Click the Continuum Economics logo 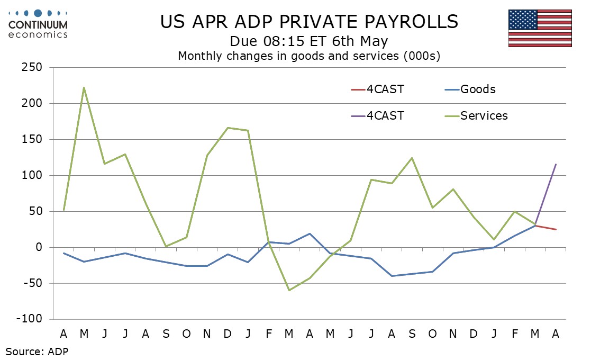click(x=39, y=23)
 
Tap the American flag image click(x=540, y=28)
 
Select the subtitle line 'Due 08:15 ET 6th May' click(x=309, y=41)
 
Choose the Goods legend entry click(x=478, y=89)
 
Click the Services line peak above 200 click(x=84, y=88)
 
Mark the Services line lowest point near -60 click(x=289, y=290)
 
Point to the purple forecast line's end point click(x=556, y=164)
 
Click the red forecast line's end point click(x=556, y=229)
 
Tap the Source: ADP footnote click(x=37, y=350)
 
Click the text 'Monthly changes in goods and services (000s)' click(x=309, y=56)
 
